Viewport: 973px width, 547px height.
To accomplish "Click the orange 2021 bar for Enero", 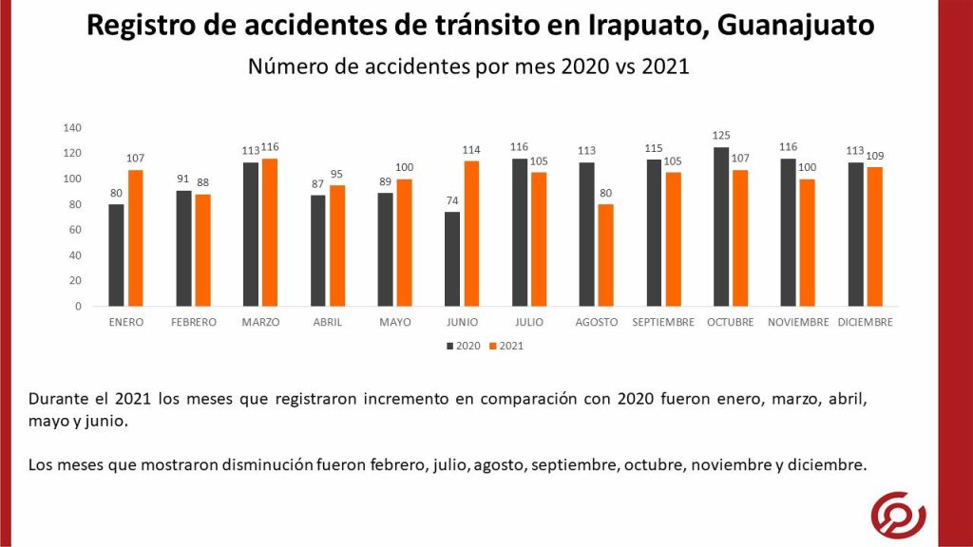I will [136, 238].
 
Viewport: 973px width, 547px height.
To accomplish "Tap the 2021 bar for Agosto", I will [605, 255].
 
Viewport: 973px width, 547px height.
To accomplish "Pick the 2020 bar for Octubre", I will [721, 227].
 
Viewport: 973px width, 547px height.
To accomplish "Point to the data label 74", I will [451, 201].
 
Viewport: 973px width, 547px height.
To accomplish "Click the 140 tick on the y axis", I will [72, 128].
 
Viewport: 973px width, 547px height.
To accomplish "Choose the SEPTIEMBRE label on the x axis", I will [664, 322].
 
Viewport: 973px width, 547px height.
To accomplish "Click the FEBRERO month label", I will [194, 322].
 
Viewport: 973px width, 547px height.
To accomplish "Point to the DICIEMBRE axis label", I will [865, 322].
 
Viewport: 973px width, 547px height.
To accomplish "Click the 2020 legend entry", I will [463, 347].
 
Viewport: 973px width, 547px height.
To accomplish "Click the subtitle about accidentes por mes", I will [467, 66].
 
